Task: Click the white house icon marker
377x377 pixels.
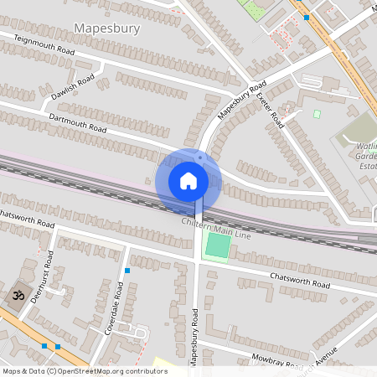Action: click(x=188, y=180)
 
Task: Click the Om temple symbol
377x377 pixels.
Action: click(x=15, y=296)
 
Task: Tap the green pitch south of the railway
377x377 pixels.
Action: click(x=218, y=246)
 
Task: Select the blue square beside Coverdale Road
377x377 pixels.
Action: click(x=127, y=271)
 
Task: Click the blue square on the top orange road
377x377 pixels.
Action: click(x=307, y=17)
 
